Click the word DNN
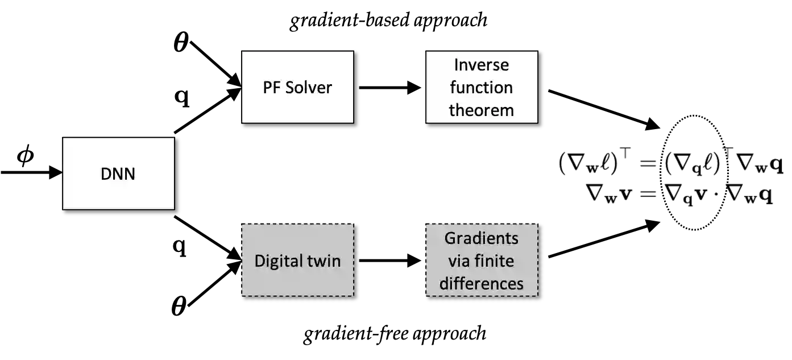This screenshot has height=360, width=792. pyautogui.click(x=118, y=173)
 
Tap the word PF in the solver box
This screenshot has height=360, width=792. pyautogui.click(x=271, y=88)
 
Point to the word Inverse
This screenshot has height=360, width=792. pyautogui.click(x=481, y=65)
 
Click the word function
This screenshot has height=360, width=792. pyautogui.click(x=481, y=88)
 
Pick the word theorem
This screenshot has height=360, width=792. pyautogui.click(x=481, y=110)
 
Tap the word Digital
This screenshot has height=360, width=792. pyautogui.click(x=277, y=260)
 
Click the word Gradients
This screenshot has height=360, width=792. pyautogui.click(x=481, y=238)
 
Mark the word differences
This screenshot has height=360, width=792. pyautogui.click(x=481, y=283)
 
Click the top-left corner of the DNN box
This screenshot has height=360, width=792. pyautogui.click(x=63, y=138)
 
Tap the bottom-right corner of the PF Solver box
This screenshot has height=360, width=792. pyautogui.click(x=353, y=122)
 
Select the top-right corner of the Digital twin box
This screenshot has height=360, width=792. pyautogui.click(x=353, y=224)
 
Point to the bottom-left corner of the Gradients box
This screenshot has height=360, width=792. pyautogui.click(x=426, y=296)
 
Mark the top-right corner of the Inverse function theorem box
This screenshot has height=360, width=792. pyautogui.click(x=537, y=52)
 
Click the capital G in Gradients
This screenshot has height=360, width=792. pyautogui.click(x=449, y=238)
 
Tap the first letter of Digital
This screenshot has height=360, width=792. pyautogui.click(x=259, y=260)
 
